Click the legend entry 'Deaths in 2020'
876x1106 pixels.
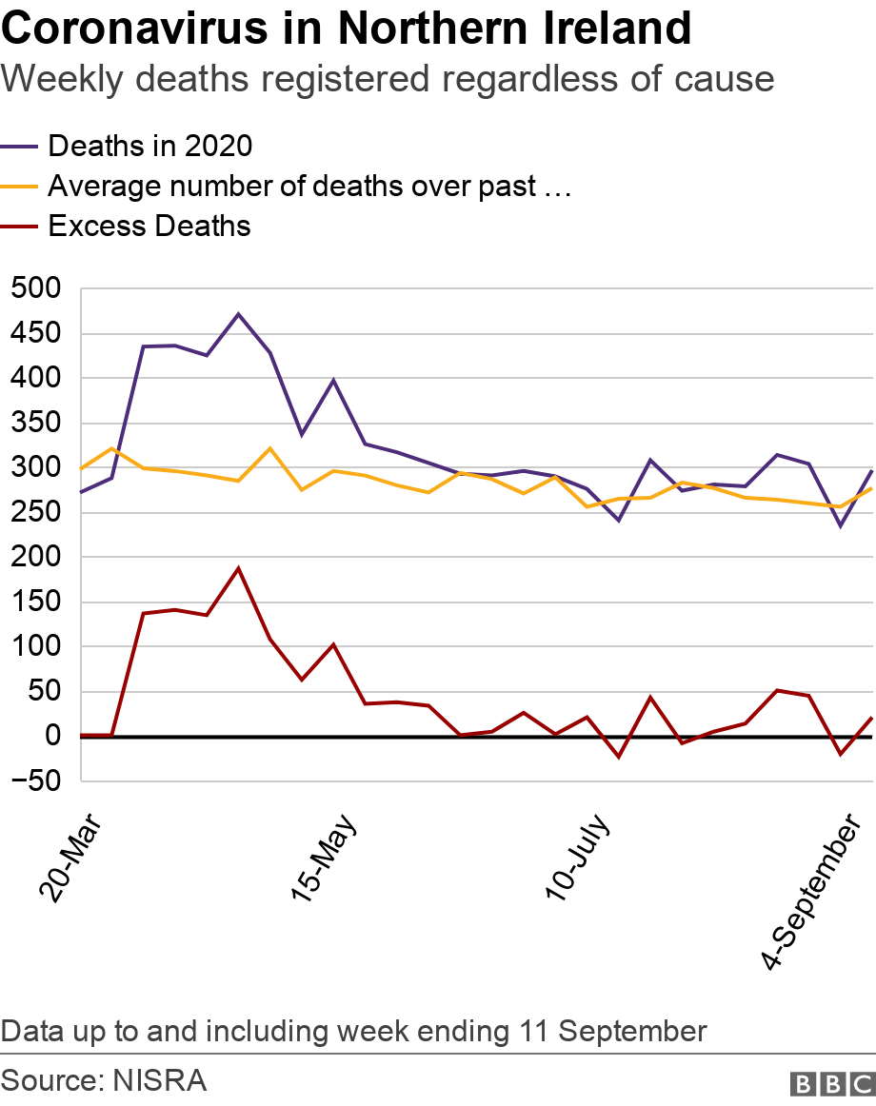(149, 146)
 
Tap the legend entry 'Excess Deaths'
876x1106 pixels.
(149, 226)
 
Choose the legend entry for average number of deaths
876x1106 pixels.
(309, 186)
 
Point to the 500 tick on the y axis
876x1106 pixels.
(35, 289)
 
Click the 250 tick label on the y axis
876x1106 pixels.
(35, 513)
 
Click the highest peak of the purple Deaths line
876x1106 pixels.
(238, 313)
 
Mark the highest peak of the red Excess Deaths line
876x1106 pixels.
(238, 568)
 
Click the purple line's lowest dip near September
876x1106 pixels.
(841, 525)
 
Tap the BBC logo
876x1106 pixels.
(831, 1083)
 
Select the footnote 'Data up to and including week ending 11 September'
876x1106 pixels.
(354, 1031)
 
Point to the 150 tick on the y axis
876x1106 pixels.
(35, 602)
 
